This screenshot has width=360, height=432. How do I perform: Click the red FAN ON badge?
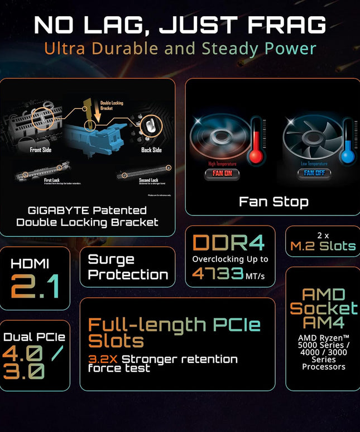(x=222, y=172)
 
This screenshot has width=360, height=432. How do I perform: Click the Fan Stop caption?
(x=273, y=201)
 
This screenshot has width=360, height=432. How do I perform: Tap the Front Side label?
(x=41, y=150)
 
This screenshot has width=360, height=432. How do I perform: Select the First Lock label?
(x=51, y=180)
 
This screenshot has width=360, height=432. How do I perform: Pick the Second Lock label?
(x=148, y=180)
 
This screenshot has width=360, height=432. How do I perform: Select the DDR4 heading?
(x=229, y=242)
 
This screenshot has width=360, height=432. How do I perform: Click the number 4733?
(x=217, y=273)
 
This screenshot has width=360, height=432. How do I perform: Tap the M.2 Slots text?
(x=323, y=246)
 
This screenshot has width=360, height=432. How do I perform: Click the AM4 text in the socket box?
(x=324, y=322)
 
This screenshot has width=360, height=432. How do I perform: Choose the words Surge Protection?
(x=128, y=267)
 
